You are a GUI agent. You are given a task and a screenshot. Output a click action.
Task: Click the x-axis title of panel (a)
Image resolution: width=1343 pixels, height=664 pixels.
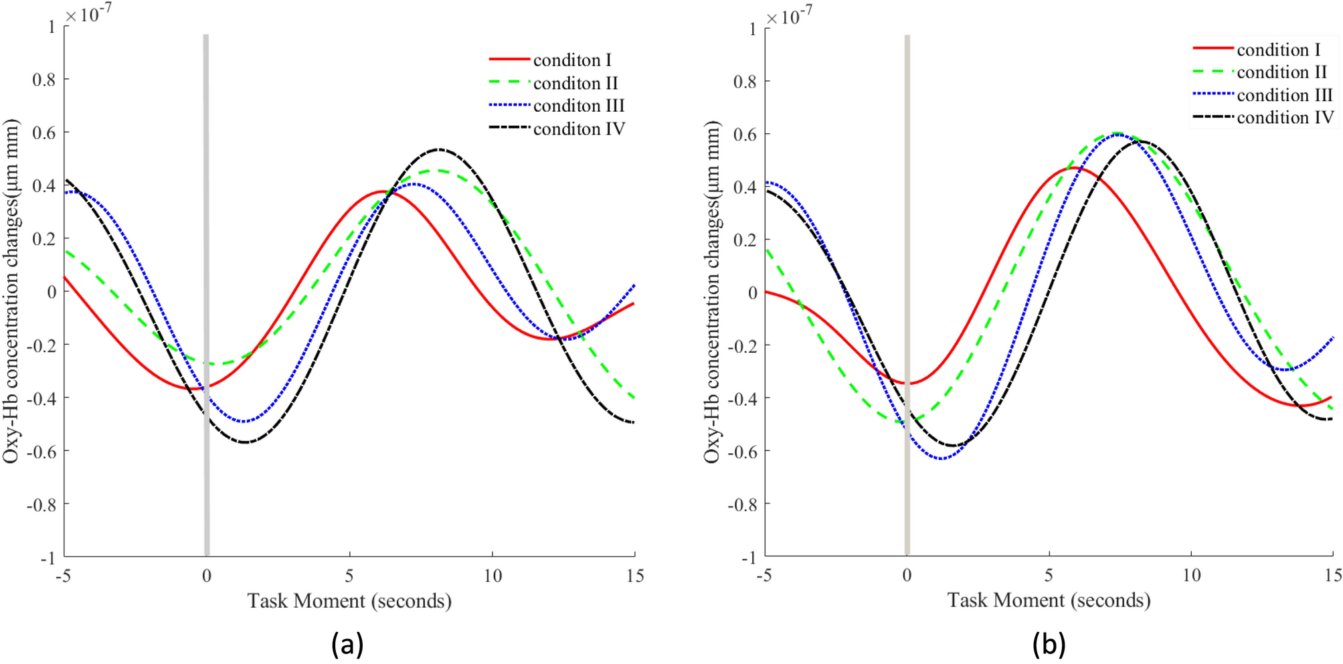349,600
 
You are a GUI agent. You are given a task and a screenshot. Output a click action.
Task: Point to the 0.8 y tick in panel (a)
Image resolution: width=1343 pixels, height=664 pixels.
44,80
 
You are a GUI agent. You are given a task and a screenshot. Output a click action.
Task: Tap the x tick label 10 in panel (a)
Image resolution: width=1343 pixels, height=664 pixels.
493,576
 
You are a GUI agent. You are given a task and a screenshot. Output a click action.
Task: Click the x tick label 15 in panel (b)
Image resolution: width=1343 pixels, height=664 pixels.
1332,576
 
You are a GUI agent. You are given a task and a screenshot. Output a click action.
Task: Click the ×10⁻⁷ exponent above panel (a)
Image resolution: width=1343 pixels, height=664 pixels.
88,13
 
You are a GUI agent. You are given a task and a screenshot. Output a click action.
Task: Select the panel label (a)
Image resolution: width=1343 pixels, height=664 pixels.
347,644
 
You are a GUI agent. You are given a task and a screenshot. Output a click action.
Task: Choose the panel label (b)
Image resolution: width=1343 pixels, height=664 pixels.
1048,644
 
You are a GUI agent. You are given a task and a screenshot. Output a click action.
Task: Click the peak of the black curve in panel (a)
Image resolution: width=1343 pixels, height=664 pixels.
439,149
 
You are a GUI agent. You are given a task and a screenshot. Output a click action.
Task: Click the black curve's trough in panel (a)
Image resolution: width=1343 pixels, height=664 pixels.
246,442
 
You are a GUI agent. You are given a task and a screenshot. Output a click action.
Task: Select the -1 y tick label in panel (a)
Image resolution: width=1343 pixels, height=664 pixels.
48,558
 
